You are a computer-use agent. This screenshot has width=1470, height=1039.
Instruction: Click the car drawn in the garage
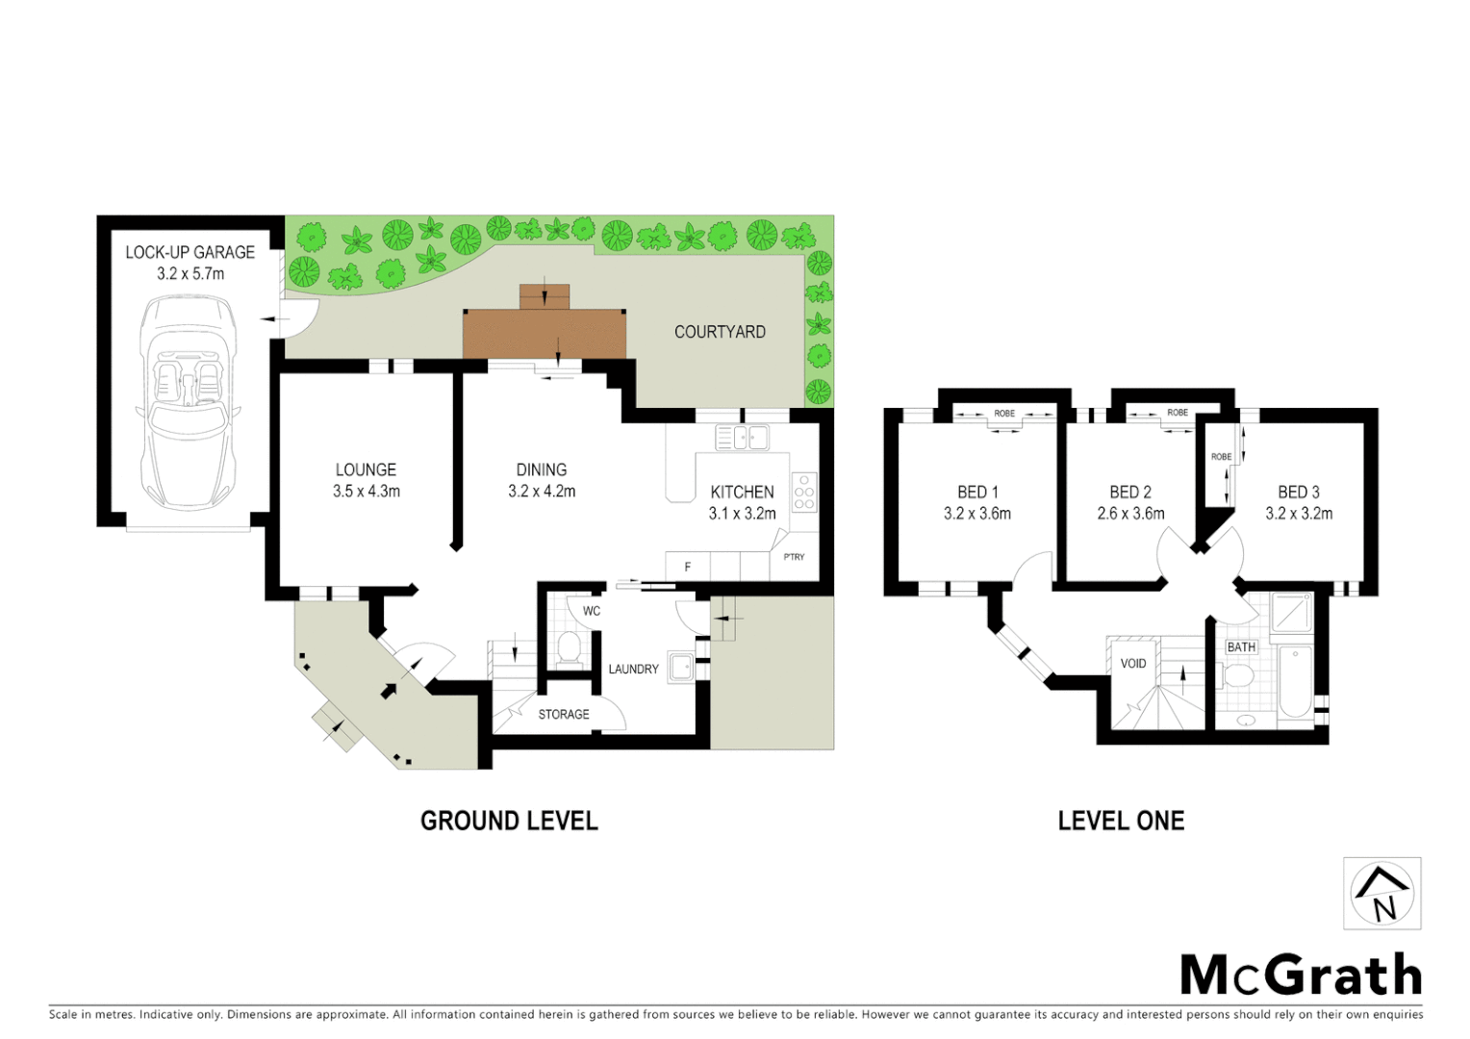coord(188,402)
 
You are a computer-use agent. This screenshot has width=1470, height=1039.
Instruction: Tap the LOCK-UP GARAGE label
coord(190,252)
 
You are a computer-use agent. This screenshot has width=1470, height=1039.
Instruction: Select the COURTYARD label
coord(720,332)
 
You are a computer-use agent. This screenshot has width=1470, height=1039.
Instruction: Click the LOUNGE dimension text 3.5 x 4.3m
coord(367,492)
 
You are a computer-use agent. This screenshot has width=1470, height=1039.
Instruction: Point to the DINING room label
coord(542,469)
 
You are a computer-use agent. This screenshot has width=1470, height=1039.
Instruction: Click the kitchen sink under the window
coord(743,439)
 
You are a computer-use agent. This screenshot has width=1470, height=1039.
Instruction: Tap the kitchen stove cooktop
coord(804,492)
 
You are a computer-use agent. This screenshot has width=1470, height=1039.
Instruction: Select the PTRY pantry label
coord(794,557)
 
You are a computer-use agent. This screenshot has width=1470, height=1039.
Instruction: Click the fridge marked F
coord(687,567)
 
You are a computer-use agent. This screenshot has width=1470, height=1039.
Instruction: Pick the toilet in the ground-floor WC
coord(569,648)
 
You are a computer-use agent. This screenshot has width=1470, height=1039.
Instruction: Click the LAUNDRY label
coord(633,669)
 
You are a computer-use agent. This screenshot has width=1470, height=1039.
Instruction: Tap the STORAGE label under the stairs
coord(564,714)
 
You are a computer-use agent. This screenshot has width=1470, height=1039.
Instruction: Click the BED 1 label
coord(977,492)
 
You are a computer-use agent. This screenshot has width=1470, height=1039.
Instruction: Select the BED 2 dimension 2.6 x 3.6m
coord(1130,514)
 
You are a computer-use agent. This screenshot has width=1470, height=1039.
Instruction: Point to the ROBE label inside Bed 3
coord(1221,457)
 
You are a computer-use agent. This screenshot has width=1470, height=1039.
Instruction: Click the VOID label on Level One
coord(1133,664)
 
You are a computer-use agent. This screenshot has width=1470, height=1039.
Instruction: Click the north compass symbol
coord(1382,894)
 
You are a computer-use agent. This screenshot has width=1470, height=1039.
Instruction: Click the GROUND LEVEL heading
coord(509,821)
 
